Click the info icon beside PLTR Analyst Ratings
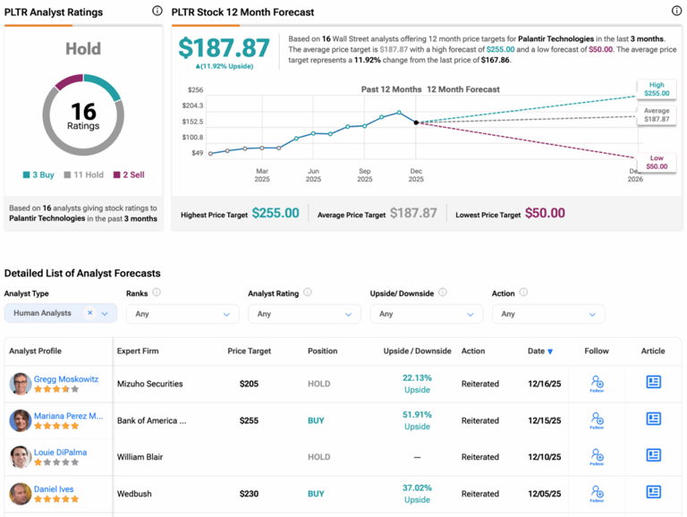click(x=157, y=12)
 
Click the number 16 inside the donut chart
click(x=83, y=111)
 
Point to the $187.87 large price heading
click(x=224, y=48)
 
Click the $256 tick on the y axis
click(x=195, y=90)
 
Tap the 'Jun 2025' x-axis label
click(x=313, y=174)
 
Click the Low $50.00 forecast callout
click(x=656, y=162)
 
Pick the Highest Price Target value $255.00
click(x=276, y=213)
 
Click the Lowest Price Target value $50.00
click(x=544, y=213)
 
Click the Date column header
click(x=539, y=352)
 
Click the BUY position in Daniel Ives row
click(x=316, y=494)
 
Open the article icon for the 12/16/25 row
click(x=654, y=382)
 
